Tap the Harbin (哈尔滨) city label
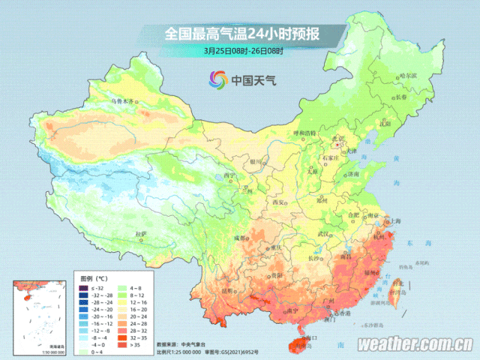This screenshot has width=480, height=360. [x=407, y=76]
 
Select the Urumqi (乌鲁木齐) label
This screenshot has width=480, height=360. [x=121, y=100]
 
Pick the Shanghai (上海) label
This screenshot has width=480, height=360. [x=394, y=221]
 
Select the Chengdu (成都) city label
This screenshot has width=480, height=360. [x=239, y=238]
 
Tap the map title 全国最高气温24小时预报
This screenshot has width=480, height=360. [x=240, y=34]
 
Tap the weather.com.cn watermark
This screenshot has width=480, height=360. [x=415, y=345]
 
